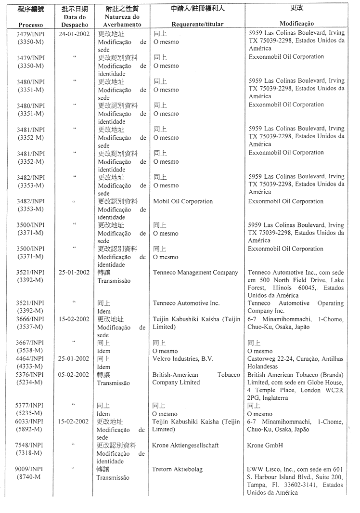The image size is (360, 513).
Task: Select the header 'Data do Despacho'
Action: pyautogui.click(x=75, y=21)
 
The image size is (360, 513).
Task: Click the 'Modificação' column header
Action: pyautogui.click(x=296, y=24)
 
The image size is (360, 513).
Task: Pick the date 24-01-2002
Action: pyautogui.click(x=74, y=34)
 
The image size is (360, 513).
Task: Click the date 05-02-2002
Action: pyautogui.click(x=74, y=374)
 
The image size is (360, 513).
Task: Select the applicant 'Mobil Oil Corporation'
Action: pyautogui.click(x=183, y=201)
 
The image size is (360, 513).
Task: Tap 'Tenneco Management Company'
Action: pyautogui.click(x=195, y=273)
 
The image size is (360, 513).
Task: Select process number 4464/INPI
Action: pyautogui.click(x=30, y=358)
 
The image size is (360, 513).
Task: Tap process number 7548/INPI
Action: pyautogui.click(x=30, y=446)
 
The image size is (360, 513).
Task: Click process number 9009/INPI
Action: pyautogui.click(x=30, y=469)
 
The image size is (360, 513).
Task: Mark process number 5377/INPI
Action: pyautogui.click(x=30, y=406)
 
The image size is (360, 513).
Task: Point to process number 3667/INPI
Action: pyautogui.click(x=30, y=343)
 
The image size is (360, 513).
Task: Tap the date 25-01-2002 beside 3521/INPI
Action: pyautogui.click(x=74, y=273)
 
